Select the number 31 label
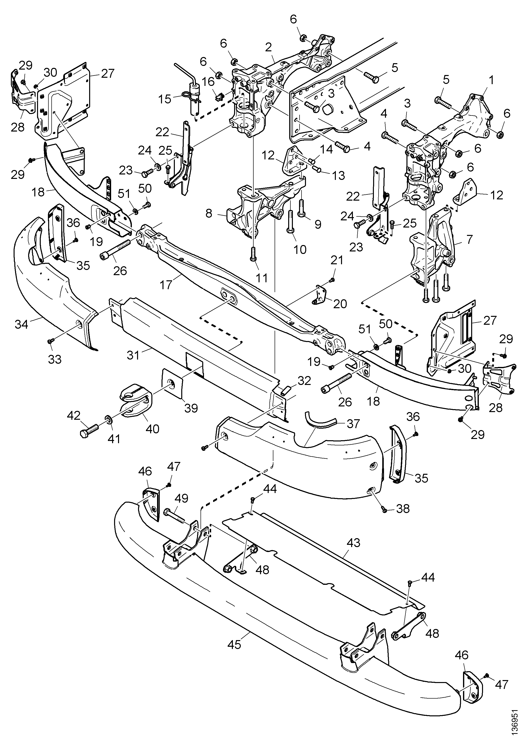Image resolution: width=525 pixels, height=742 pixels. [x=133, y=355]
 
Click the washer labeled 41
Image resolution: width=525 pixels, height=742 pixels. [x=109, y=420]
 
